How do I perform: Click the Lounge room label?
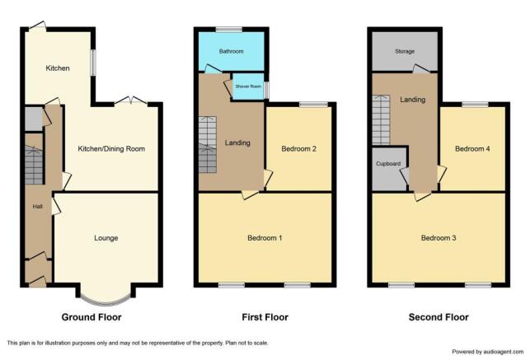pos(106,238)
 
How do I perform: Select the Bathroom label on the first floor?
pos(231,52)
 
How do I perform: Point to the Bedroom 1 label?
pos(265,238)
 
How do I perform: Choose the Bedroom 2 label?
pos(299,149)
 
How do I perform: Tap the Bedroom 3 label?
pos(439,238)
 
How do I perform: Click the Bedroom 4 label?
pos(473,149)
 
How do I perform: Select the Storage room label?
pos(404,52)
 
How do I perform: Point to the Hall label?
pos(37,207)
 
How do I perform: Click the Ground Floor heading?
pos(92,317)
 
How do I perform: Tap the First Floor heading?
pos(265,317)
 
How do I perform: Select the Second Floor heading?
pos(439,317)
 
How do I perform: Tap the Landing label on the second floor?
pos(413,100)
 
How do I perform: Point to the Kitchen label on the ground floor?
pos(58,68)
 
